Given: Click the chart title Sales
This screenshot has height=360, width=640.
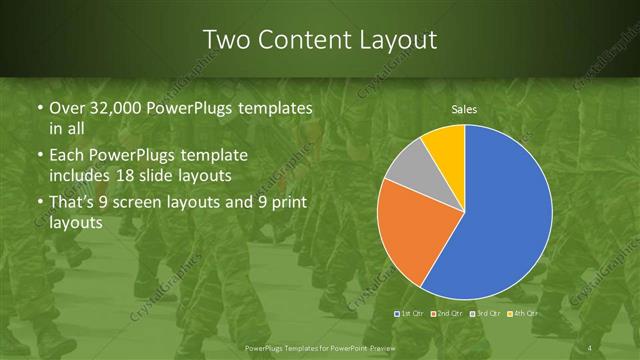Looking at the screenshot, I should pyautogui.click(x=464, y=108).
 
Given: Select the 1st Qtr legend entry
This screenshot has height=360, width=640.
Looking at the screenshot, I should pyautogui.click(x=411, y=314).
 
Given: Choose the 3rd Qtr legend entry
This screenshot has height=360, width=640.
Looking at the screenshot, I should pyautogui.click(x=484, y=314).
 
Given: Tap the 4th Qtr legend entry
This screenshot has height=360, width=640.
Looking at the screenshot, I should pyautogui.click(x=522, y=314).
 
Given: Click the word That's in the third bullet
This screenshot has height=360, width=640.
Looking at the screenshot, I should pyautogui.click(x=72, y=203).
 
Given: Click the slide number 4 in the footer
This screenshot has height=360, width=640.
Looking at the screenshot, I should pyautogui.click(x=589, y=347).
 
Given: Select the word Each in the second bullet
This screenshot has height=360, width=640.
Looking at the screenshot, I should pyautogui.click(x=67, y=156).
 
